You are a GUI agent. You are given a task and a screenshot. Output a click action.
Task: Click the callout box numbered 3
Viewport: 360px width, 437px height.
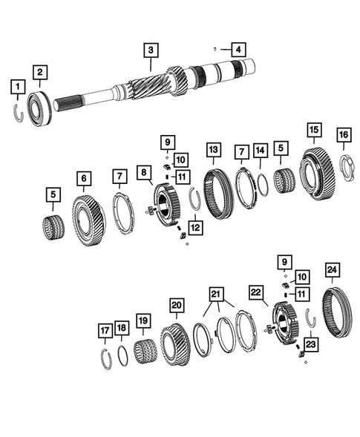(151, 50)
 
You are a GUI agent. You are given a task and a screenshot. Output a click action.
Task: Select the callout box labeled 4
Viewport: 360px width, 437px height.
(238, 50)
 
